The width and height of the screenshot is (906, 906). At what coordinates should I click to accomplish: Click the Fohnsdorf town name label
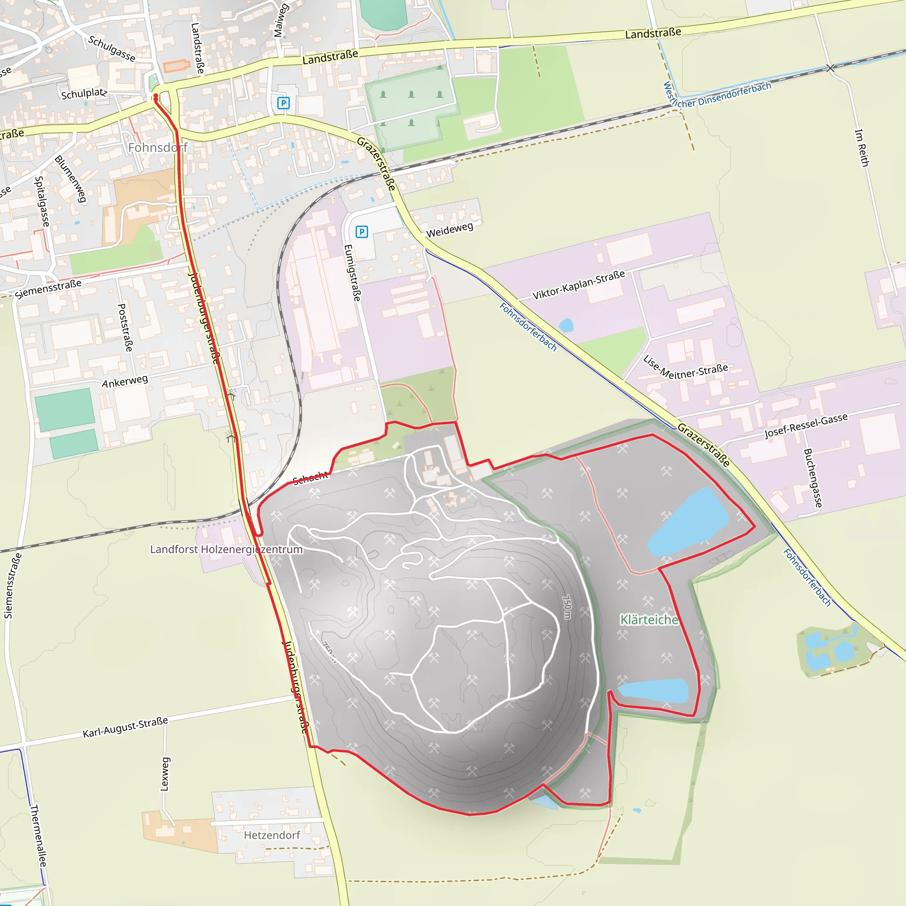(157, 148)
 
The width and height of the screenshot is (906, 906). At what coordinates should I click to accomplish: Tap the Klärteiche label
(649, 620)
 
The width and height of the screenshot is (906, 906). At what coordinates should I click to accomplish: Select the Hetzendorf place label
(272, 835)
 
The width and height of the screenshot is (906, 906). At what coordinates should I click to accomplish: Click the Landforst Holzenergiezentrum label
(226, 549)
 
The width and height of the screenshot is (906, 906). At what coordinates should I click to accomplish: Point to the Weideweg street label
(449, 230)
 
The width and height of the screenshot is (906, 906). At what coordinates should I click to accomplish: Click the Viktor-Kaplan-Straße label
(579, 284)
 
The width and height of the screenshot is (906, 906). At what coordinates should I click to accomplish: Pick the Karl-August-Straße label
(125, 727)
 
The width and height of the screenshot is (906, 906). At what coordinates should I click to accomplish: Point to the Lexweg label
(165, 774)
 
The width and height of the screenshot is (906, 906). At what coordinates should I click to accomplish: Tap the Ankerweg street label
(125, 381)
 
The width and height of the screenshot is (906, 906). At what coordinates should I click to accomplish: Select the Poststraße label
(125, 327)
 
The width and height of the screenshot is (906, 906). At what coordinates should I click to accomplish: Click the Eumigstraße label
(353, 273)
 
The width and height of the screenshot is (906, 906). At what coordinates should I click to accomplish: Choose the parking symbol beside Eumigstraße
(361, 232)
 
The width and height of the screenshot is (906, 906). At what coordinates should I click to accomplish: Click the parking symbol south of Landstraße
(283, 103)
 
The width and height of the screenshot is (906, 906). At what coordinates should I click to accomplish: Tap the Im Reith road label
(862, 148)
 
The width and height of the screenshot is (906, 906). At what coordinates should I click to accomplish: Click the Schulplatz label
(84, 93)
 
